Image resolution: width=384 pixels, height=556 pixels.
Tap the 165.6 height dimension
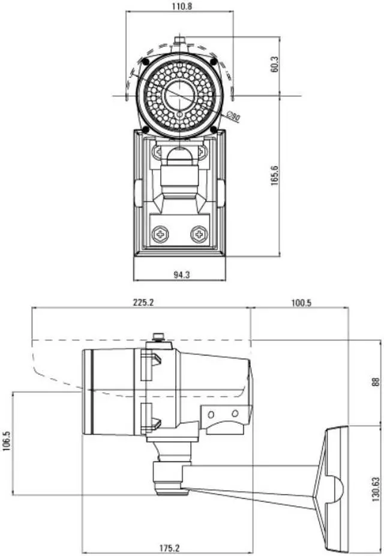point(274,176)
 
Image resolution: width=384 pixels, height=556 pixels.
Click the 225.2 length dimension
point(143,303)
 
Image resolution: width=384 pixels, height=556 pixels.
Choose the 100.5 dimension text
point(301,303)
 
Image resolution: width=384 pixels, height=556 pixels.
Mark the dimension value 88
point(376,382)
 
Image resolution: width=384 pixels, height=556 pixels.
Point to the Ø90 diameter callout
point(234,117)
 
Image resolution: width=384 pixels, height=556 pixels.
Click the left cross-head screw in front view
point(160,234)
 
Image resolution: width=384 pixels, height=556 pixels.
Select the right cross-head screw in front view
point(199,234)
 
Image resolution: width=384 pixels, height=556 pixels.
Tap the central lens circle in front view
point(179,94)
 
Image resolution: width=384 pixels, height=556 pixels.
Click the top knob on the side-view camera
point(158,337)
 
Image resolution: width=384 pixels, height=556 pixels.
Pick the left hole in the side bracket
point(212,414)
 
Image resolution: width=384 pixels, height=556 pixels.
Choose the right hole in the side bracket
point(234,414)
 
